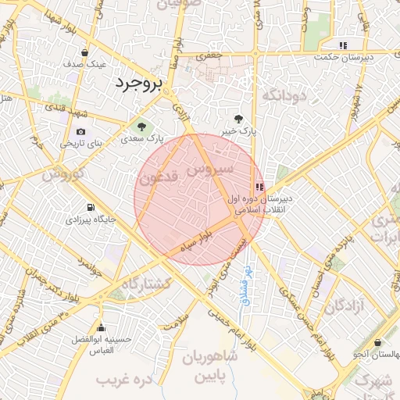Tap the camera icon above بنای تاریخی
pyautogui.click(x=81, y=131)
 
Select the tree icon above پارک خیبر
pyautogui.click(x=237, y=119)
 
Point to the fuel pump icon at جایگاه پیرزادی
pyautogui.click(x=91, y=208)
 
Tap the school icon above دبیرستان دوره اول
pyautogui.click(x=259, y=187)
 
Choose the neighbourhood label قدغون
pyautogui.click(x=162, y=179)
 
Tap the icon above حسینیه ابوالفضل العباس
pyautogui.click(x=99, y=327)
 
